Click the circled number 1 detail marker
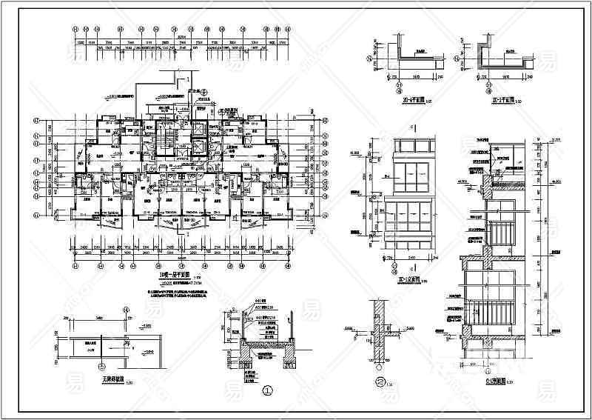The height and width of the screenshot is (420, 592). (x=266, y=390)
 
